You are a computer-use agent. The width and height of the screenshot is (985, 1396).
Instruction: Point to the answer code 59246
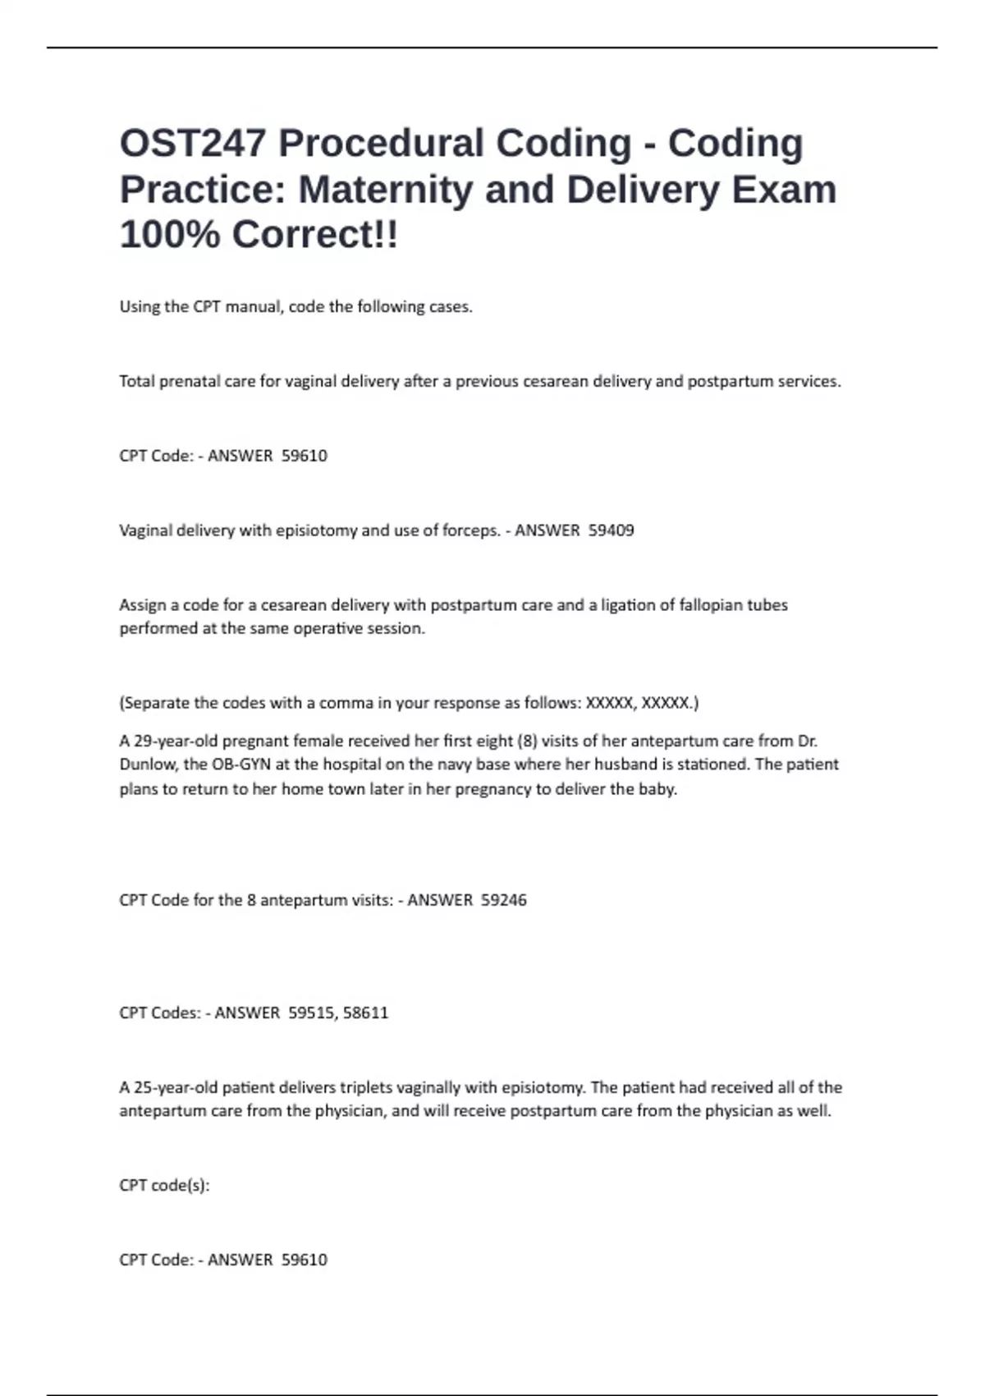[504, 900]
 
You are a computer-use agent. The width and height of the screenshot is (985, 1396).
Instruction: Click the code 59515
[312, 1013]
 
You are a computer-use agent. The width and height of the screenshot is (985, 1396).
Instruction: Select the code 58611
[366, 1013]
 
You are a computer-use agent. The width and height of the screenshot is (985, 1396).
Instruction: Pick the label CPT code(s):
[164, 1185]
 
